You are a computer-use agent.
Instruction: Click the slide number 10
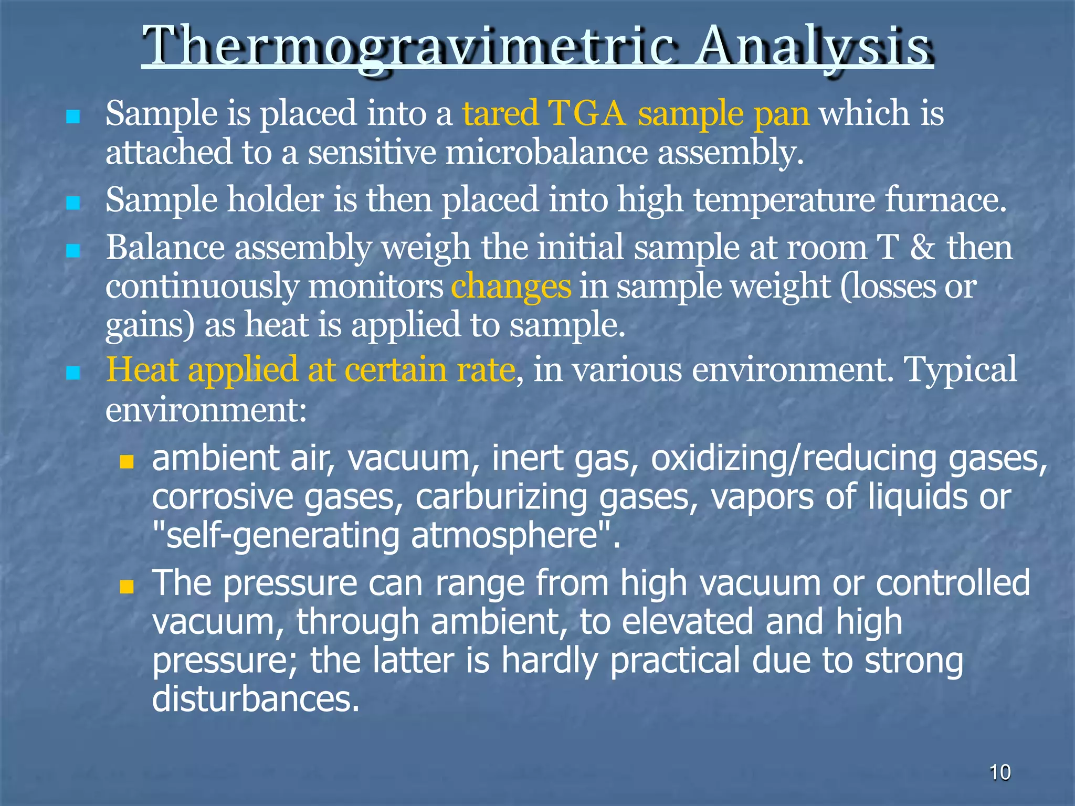click(x=1000, y=772)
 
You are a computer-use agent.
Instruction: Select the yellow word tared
click(x=500, y=113)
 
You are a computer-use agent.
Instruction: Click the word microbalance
click(x=546, y=153)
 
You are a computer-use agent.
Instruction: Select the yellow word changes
click(x=511, y=288)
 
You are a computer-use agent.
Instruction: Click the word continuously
click(x=202, y=288)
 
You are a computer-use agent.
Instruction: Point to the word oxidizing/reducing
click(x=793, y=458)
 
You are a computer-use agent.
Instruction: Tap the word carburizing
click(x=501, y=497)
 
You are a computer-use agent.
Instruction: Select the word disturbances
click(x=256, y=699)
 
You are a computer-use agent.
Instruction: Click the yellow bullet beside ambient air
click(x=127, y=462)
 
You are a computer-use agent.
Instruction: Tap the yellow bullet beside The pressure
click(x=127, y=586)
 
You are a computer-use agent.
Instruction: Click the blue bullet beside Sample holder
click(x=73, y=203)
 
